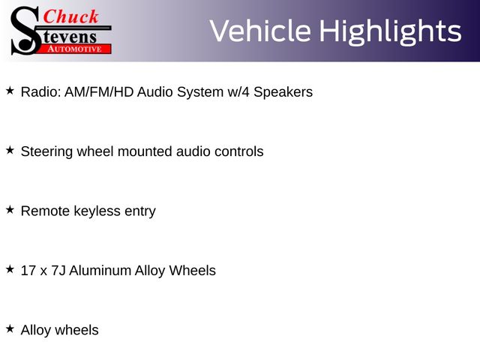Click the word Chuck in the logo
70,16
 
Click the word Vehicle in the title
260,31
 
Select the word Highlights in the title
390,32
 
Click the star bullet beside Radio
10,91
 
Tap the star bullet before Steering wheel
10,150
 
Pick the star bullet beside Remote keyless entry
10,210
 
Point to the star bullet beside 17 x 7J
10,269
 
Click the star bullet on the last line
10,328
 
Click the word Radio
41,91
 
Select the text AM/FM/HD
99,91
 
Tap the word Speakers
283,92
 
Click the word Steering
46,151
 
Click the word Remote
45,211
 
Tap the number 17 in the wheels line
28,271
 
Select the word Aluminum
100,271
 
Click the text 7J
58,271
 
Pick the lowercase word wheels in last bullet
76,330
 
